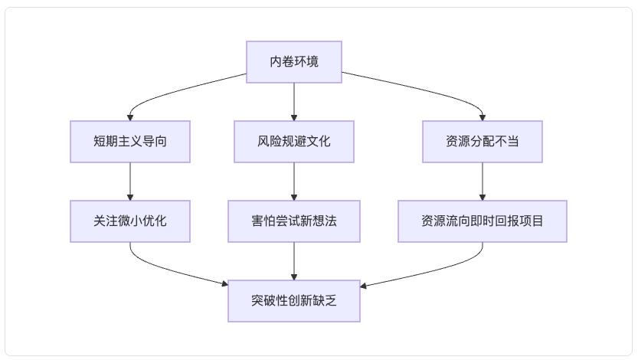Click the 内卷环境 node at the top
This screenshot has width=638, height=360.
pos(294,61)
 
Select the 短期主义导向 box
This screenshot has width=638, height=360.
pos(130,141)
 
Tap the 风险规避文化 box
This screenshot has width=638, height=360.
pos(294,141)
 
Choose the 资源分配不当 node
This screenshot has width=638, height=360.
pos(483,141)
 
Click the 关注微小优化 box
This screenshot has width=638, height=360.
pos(130,221)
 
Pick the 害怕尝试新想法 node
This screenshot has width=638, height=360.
pos(294,221)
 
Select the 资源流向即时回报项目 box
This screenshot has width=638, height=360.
pos(483,221)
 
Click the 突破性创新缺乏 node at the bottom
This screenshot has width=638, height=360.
pos(294,301)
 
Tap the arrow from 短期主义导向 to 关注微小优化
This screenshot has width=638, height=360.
pos(130,182)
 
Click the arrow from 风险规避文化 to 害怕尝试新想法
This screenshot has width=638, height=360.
pos(294,182)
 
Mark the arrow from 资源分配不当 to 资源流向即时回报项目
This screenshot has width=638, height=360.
pos(483,182)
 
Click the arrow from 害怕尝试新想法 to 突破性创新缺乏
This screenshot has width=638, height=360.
pos(294,262)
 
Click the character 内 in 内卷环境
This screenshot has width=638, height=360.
pos(276,61)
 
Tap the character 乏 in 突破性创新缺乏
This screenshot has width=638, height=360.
pos(331,301)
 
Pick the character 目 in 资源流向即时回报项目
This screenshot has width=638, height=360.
pos(538,221)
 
